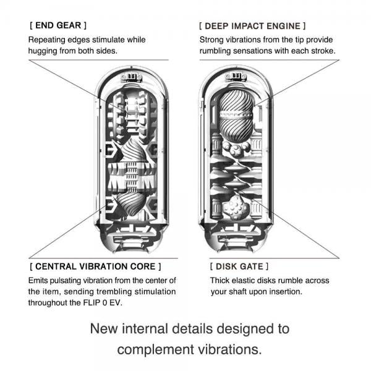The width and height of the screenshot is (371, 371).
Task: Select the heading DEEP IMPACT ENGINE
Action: click(252, 26)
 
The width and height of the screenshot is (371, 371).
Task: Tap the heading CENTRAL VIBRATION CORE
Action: click(95, 267)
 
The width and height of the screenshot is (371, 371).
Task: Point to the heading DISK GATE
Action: click(239, 267)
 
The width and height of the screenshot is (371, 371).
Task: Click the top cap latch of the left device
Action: click(129, 77)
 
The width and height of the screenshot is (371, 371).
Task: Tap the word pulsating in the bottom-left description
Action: click(79, 280)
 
